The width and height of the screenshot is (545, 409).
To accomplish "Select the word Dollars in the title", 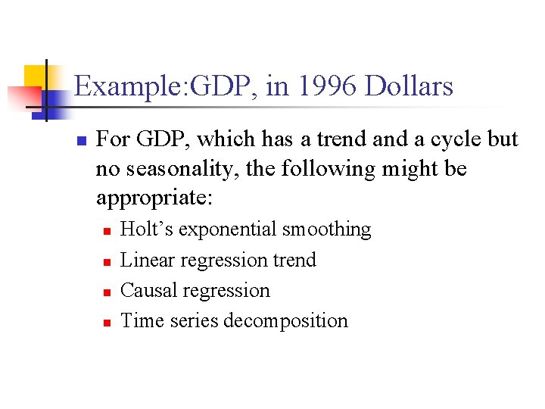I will (409, 86).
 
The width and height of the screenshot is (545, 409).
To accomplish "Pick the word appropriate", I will (155, 198).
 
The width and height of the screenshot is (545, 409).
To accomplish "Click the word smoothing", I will (326, 229).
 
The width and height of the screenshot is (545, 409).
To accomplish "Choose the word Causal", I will (145, 290).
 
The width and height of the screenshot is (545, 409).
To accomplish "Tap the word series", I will (195, 320).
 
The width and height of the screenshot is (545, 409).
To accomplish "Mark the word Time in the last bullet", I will (140, 320).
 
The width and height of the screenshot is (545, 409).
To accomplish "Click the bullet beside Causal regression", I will (107, 292).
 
